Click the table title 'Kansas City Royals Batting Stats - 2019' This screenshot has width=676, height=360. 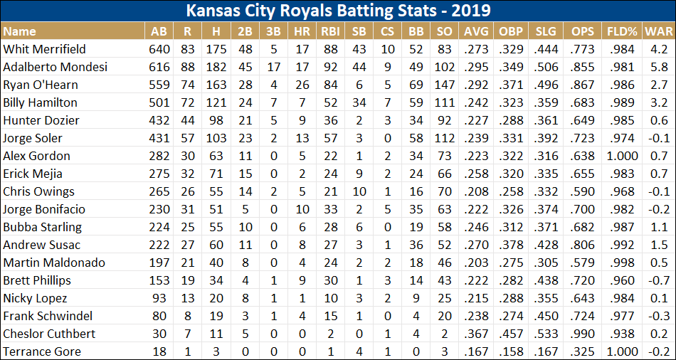(338, 12)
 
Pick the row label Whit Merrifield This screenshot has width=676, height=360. (44, 49)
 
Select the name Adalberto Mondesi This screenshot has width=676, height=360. (55, 67)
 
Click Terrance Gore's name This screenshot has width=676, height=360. (41, 351)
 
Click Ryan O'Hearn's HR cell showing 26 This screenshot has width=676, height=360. (301, 85)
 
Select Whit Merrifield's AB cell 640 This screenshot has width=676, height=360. (159, 49)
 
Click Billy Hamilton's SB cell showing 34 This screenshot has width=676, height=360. (359, 102)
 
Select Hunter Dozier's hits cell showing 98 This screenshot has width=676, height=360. (216, 120)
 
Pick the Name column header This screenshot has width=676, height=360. (19, 31)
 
